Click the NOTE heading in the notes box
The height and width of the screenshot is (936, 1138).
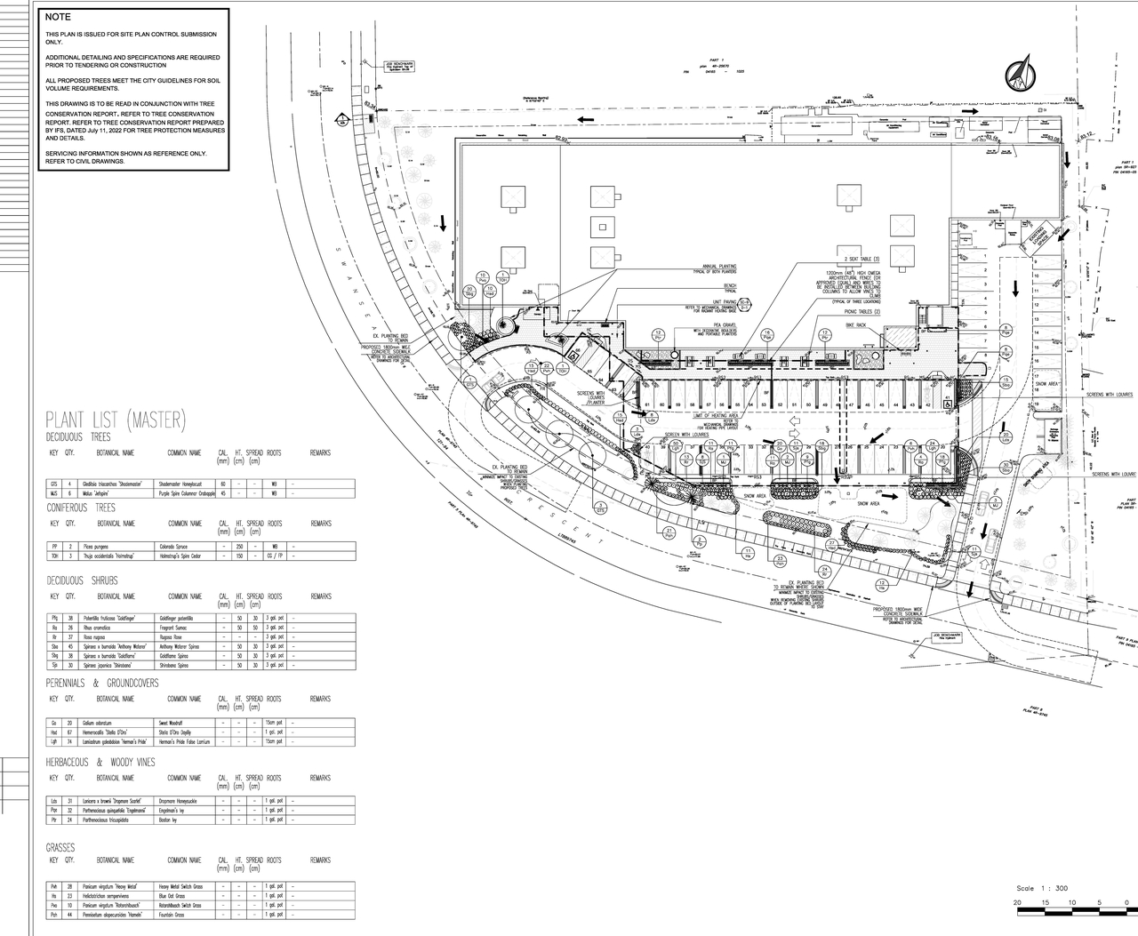[x=59, y=17]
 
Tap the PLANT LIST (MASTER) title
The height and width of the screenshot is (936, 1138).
[x=116, y=419]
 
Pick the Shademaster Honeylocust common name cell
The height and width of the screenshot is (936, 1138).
[x=181, y=484]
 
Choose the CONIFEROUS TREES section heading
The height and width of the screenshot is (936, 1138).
[x=81, y=508]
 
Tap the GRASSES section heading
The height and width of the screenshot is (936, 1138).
[x=60, y=848]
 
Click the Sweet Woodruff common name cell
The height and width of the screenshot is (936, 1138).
[x=172, y=723]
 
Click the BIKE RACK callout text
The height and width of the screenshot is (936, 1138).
[x=854, y=326]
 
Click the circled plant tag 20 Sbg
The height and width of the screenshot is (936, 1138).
[x=469, y=291]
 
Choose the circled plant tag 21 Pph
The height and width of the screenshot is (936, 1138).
[x=669, y=533]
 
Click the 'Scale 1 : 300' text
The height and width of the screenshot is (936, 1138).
[x=1043, y=888]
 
